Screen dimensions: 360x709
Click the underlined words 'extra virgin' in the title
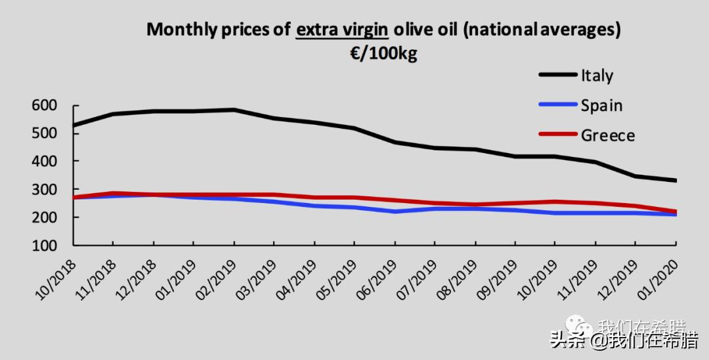point(341,30)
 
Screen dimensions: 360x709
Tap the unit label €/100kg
point(383,53)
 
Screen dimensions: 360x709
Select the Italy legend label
point(597,75)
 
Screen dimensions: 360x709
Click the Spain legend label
point(601,105)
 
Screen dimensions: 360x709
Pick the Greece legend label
point(608,135)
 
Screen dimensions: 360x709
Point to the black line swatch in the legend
point(557,75)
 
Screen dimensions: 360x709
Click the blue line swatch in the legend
point(557,104)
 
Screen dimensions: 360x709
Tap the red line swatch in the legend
point(557,135)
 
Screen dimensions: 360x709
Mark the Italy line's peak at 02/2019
point(234,110)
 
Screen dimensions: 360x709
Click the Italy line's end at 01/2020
point(676,181)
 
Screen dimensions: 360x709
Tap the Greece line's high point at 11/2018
point(114,193)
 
